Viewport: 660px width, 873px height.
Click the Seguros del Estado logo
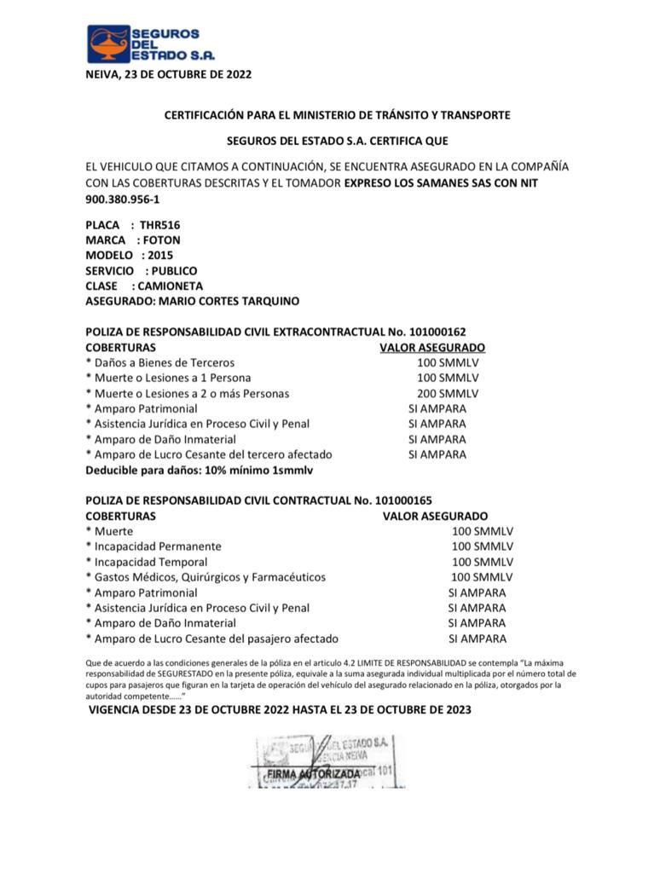tap(142, 43)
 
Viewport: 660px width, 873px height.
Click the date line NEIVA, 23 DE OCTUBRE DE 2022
tap(169, 74)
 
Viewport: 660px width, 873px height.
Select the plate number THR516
tap(160, 225)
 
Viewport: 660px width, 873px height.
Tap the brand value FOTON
tap(162, 240)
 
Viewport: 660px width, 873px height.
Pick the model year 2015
tap(160, 255)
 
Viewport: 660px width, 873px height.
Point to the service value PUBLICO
tap(174, 270)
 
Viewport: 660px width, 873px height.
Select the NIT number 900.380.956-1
tap(122, 199)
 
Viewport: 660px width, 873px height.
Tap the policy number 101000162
tap(438, 332)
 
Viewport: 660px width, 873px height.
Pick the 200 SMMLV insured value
tap(448, 393)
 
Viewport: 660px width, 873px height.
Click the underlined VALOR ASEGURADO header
tap(432, 348)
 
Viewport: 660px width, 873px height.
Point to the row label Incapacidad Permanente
tap(157, 546)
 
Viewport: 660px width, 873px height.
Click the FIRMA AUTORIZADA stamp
tap(313, 774)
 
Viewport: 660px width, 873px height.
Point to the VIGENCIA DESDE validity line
tap(280, 710)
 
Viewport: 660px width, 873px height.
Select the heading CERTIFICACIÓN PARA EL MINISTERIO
tap(337, 114)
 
